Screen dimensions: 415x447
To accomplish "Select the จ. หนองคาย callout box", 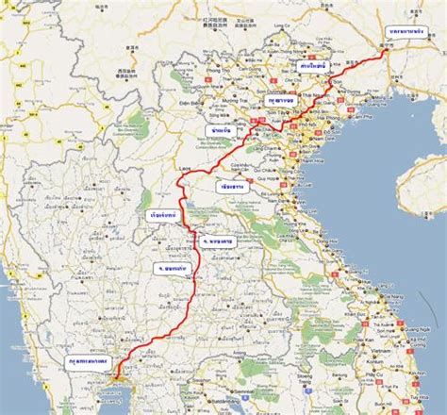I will (216, 241).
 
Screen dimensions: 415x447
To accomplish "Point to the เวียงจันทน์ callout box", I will (167, 214).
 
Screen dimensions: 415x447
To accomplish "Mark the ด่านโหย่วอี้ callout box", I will (311, 67).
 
